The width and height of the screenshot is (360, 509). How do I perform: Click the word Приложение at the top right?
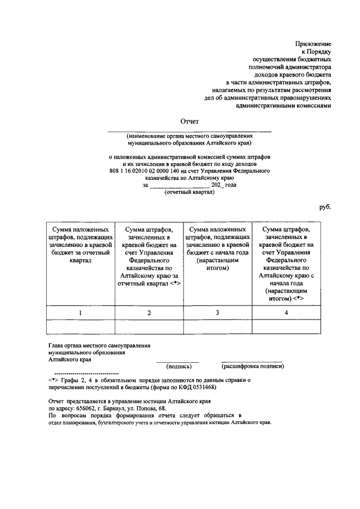click(313, 44)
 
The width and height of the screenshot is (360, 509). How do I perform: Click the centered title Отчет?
click(189, 121)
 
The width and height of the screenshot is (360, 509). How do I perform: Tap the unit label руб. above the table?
click(325, 207)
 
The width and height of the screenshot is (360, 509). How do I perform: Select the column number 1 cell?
click(80, 313)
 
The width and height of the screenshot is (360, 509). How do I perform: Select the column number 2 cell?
click(149, 313)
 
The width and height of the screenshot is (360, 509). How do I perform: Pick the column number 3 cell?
click(218, 313)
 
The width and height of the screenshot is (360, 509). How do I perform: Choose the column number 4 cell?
click(286, 313)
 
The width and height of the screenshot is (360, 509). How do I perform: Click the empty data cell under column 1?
click(80, 327)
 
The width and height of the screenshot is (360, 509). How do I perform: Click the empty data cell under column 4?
click(286, 327)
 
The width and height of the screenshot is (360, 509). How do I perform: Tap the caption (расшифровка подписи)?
click(253, 366)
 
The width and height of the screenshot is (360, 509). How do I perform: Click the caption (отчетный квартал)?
click(189, 192)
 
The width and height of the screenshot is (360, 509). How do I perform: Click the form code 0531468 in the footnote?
click(202, 388)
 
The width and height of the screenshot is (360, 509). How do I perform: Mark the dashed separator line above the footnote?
click(86, 373)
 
